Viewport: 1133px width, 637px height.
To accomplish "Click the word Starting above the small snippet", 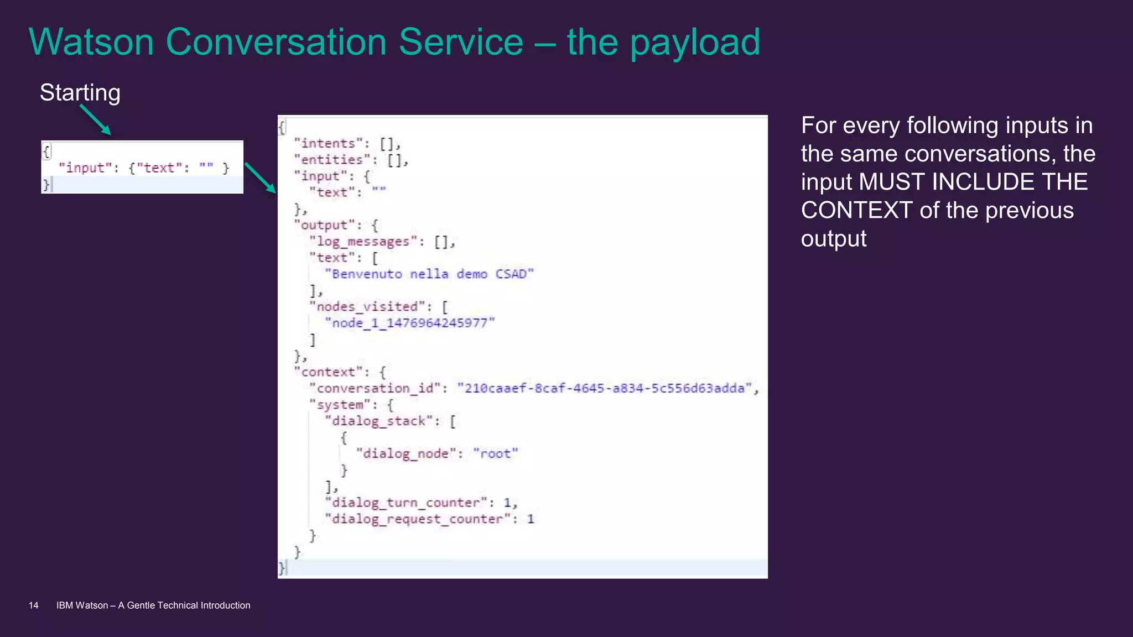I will point(80,93).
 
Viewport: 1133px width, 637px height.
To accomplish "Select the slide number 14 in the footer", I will point(34,605).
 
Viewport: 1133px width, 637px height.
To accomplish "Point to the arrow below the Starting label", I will point(95,119).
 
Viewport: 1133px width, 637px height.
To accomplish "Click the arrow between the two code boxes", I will point(260,177).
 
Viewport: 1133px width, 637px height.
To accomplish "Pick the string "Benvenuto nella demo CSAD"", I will point(429,274).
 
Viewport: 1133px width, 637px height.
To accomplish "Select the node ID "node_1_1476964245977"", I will point(410,323).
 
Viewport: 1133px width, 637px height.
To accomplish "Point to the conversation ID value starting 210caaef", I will point(605,388).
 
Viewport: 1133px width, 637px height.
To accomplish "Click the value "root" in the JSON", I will point(496,454).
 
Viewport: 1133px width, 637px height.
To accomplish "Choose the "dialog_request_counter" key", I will point(418,519).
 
